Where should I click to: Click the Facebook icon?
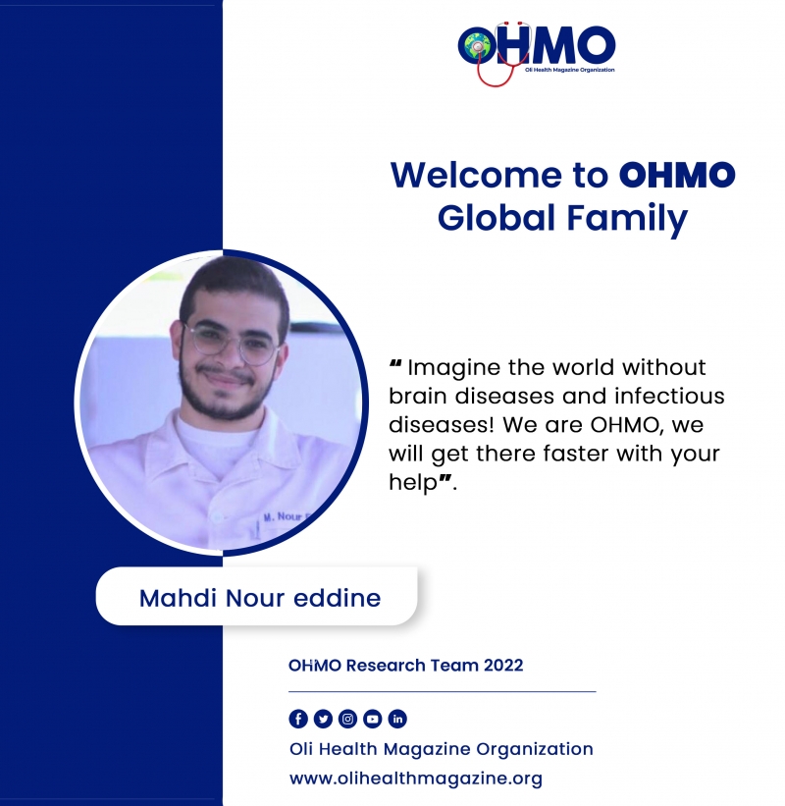(x=298, y=719)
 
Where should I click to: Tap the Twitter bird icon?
(x=323, y=719)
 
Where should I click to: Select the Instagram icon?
(x=347, y=719)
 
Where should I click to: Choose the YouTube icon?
(x=373, y=719)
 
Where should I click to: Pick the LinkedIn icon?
(x=397, y=719)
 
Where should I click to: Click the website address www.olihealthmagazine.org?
(x=416, y=779)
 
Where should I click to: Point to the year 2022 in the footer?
(x=503, y=666)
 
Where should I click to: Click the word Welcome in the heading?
(x=476, y=175)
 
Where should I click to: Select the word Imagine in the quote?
(x=453, y=368)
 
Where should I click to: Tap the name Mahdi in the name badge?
(x=178, y=598)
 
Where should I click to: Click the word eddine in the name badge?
(x=337, y=598)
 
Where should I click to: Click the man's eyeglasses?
(x=233, y=343)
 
